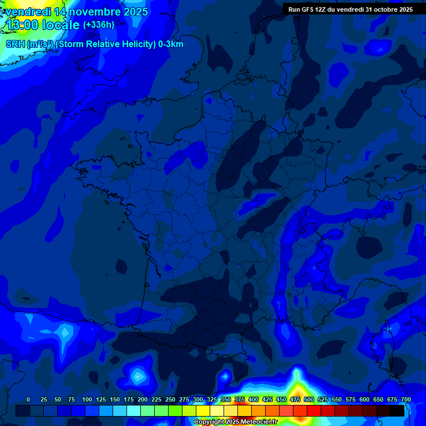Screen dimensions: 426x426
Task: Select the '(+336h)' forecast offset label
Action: coord(99,25)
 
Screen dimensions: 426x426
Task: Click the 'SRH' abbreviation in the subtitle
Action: coord(16,44)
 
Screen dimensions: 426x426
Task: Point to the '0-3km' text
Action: coord(170,44)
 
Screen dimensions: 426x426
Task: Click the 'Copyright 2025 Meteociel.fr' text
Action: coord(235,422)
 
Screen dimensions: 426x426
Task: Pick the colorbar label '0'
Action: coord(28,399)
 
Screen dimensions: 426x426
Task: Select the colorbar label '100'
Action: coord(87,399)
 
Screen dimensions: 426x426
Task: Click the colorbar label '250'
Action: coord(170,399)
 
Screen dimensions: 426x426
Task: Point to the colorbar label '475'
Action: coord(295,399)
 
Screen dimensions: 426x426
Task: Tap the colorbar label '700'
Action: coord(406,399)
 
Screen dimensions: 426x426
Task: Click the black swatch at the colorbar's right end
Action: coord(397,411)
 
